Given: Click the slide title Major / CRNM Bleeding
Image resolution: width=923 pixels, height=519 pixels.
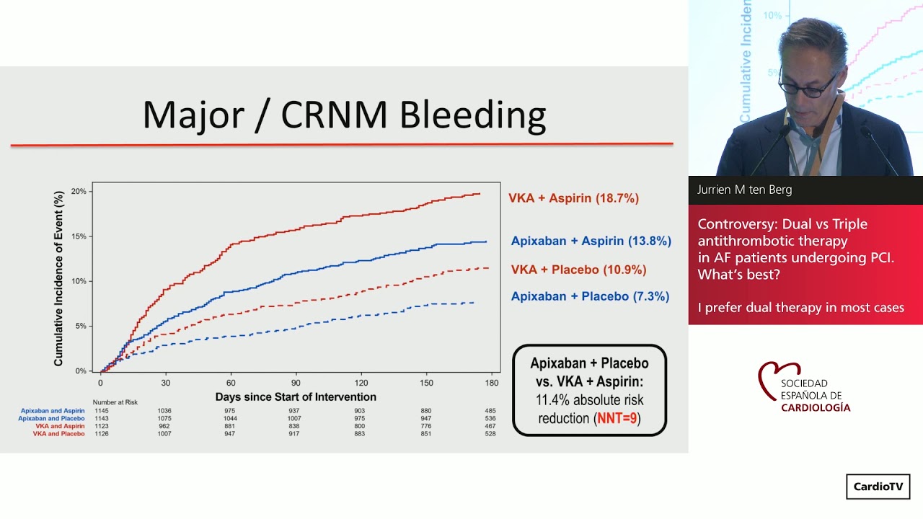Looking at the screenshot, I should pos(344,115).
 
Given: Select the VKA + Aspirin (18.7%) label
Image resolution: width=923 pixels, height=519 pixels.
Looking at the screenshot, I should pos(573,198).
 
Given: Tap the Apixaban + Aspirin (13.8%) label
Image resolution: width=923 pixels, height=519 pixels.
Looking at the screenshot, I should pos(591,241).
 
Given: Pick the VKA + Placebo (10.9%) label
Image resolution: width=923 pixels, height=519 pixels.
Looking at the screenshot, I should pos(578,270).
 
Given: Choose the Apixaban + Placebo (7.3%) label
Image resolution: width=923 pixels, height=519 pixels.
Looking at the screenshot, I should pos(590,296).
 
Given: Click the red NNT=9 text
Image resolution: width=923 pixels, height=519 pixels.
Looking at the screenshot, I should pos(618,418).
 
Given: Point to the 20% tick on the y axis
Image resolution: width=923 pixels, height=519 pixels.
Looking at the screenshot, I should pos(79,192).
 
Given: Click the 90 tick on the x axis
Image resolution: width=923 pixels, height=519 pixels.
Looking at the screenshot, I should pos(296,383).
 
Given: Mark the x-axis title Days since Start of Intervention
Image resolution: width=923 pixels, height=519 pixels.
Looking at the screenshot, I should pos(296,397).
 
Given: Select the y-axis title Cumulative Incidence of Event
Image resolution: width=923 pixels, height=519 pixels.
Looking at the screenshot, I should pos(59,278).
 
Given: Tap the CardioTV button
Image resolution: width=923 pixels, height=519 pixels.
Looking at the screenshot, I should pos(878,487).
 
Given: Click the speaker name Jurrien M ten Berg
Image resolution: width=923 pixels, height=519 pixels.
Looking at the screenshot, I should pos(744,190).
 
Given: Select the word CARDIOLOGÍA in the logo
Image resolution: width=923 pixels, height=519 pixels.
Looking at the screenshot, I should pos(815,408).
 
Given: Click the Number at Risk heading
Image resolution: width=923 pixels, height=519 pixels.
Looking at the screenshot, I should pos(115,402).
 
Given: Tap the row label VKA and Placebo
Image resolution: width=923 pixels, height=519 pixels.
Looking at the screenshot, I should pos(58,434).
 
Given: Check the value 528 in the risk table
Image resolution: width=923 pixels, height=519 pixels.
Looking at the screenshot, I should pos(490,434).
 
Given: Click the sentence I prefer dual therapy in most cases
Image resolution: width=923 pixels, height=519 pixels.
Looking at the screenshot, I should pos(800,308).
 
